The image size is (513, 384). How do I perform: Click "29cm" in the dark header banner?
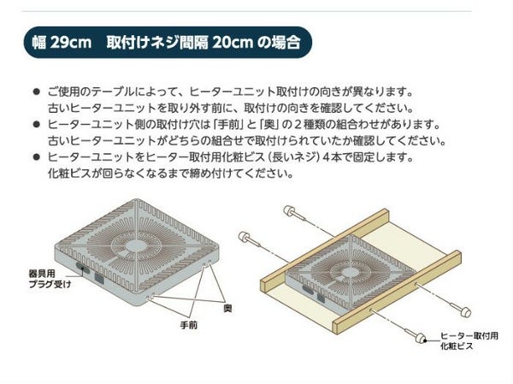[x=71, y=43]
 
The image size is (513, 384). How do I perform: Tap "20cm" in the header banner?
[x=233, y=43]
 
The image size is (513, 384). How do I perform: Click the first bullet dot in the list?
[x=36, y=92]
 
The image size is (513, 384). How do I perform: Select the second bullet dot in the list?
[x=36, y=124]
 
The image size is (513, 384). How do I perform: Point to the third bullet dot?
[x=36, y=157]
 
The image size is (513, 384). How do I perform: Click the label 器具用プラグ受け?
[x=50, y=279]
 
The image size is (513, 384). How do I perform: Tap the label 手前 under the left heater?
[x=189, y=325]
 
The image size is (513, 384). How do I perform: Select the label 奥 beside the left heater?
[x=227, y=308]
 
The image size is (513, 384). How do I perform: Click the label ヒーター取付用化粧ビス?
[x=469, y=340]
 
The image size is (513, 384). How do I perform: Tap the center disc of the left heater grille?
[x=134, y=245]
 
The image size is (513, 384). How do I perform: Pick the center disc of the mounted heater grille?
[x=349, y=271]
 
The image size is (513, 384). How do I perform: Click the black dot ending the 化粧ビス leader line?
[x=425, y=340]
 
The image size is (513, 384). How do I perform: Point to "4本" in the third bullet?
[x=333, y=157]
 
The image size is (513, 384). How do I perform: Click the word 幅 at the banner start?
[x=39, y=43]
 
